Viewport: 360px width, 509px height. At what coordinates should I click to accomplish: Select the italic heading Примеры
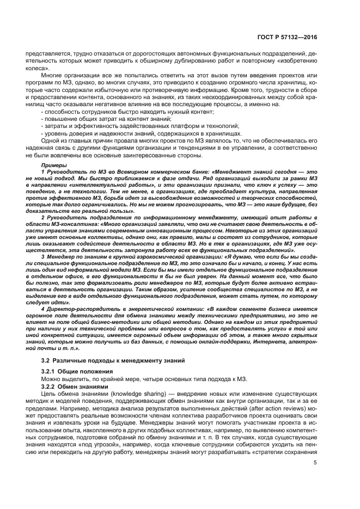click(53, 164)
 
